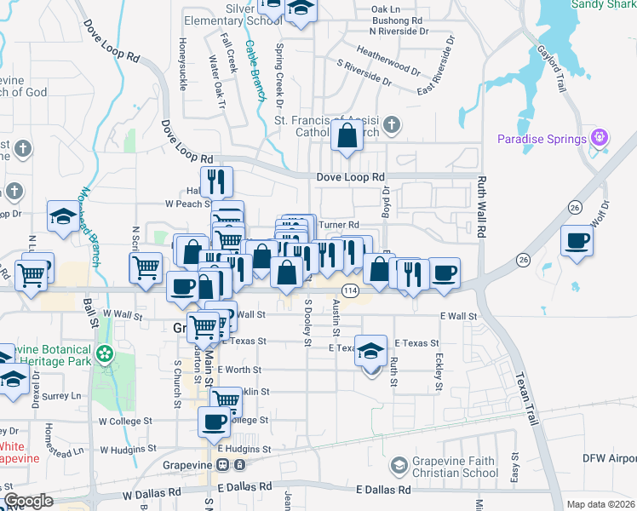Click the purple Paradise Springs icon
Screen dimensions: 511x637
coord(600,138)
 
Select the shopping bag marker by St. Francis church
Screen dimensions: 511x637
coord(348,136)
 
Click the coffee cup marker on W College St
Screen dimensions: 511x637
coord(215,421)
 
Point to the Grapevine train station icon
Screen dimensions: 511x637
coord(223,465)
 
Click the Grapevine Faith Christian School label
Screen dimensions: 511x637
coord(456,467)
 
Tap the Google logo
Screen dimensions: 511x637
coord(28,501)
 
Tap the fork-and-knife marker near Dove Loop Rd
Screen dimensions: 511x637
coord(216,181)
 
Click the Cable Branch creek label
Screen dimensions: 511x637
coord(255,72)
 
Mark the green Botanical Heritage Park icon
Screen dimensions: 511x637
coord(105,353)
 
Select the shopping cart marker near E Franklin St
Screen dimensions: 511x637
coord(226,399)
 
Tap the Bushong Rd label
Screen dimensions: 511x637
coord(398,20)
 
